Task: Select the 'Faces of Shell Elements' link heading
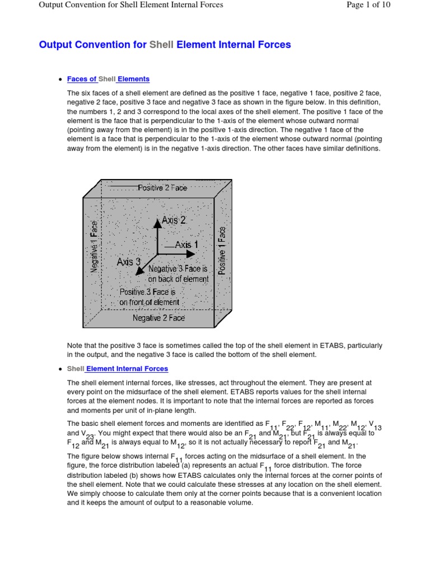tap(108, 79)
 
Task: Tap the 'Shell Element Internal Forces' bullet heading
tap(117, 369)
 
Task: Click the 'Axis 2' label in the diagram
tap(174, 220)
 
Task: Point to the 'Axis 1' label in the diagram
tap(186, 245)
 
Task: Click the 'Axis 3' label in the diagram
tap(128, 261)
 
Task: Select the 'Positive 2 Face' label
tap(162, 188)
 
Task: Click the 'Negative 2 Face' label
tap(158, 318)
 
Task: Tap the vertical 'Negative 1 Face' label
tap(94, 247)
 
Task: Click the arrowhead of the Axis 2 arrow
tap(157, 220)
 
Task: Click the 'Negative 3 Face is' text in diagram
tap(177, 269)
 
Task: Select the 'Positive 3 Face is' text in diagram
tap(148, 292)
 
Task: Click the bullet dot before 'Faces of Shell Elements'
tap(59, 80)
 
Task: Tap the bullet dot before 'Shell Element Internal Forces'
tap(59, 369)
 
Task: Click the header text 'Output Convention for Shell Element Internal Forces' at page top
tap(130, 5)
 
